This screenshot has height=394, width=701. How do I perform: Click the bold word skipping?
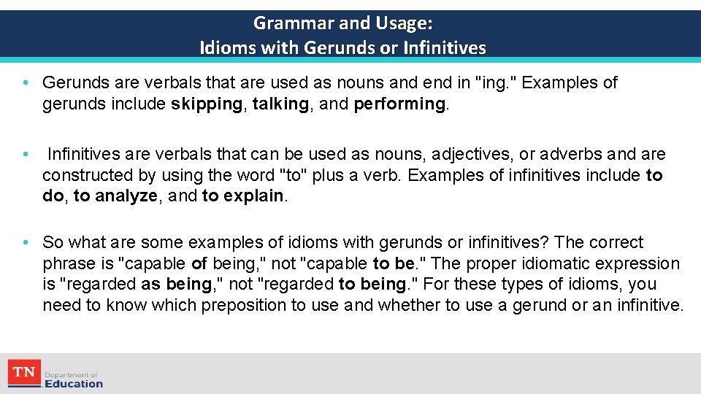click(207, 104)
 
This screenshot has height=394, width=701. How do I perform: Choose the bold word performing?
click(399, 104)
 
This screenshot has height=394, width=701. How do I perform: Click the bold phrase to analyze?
click(115, 196)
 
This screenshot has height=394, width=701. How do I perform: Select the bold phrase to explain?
click(242, 196)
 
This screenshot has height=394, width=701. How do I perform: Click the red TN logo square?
click(24, 374)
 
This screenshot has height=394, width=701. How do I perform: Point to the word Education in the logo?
click(74, 384)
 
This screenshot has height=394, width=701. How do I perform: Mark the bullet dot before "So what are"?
click(25, 243)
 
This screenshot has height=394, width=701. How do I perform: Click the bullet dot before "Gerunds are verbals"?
click(25, 83)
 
